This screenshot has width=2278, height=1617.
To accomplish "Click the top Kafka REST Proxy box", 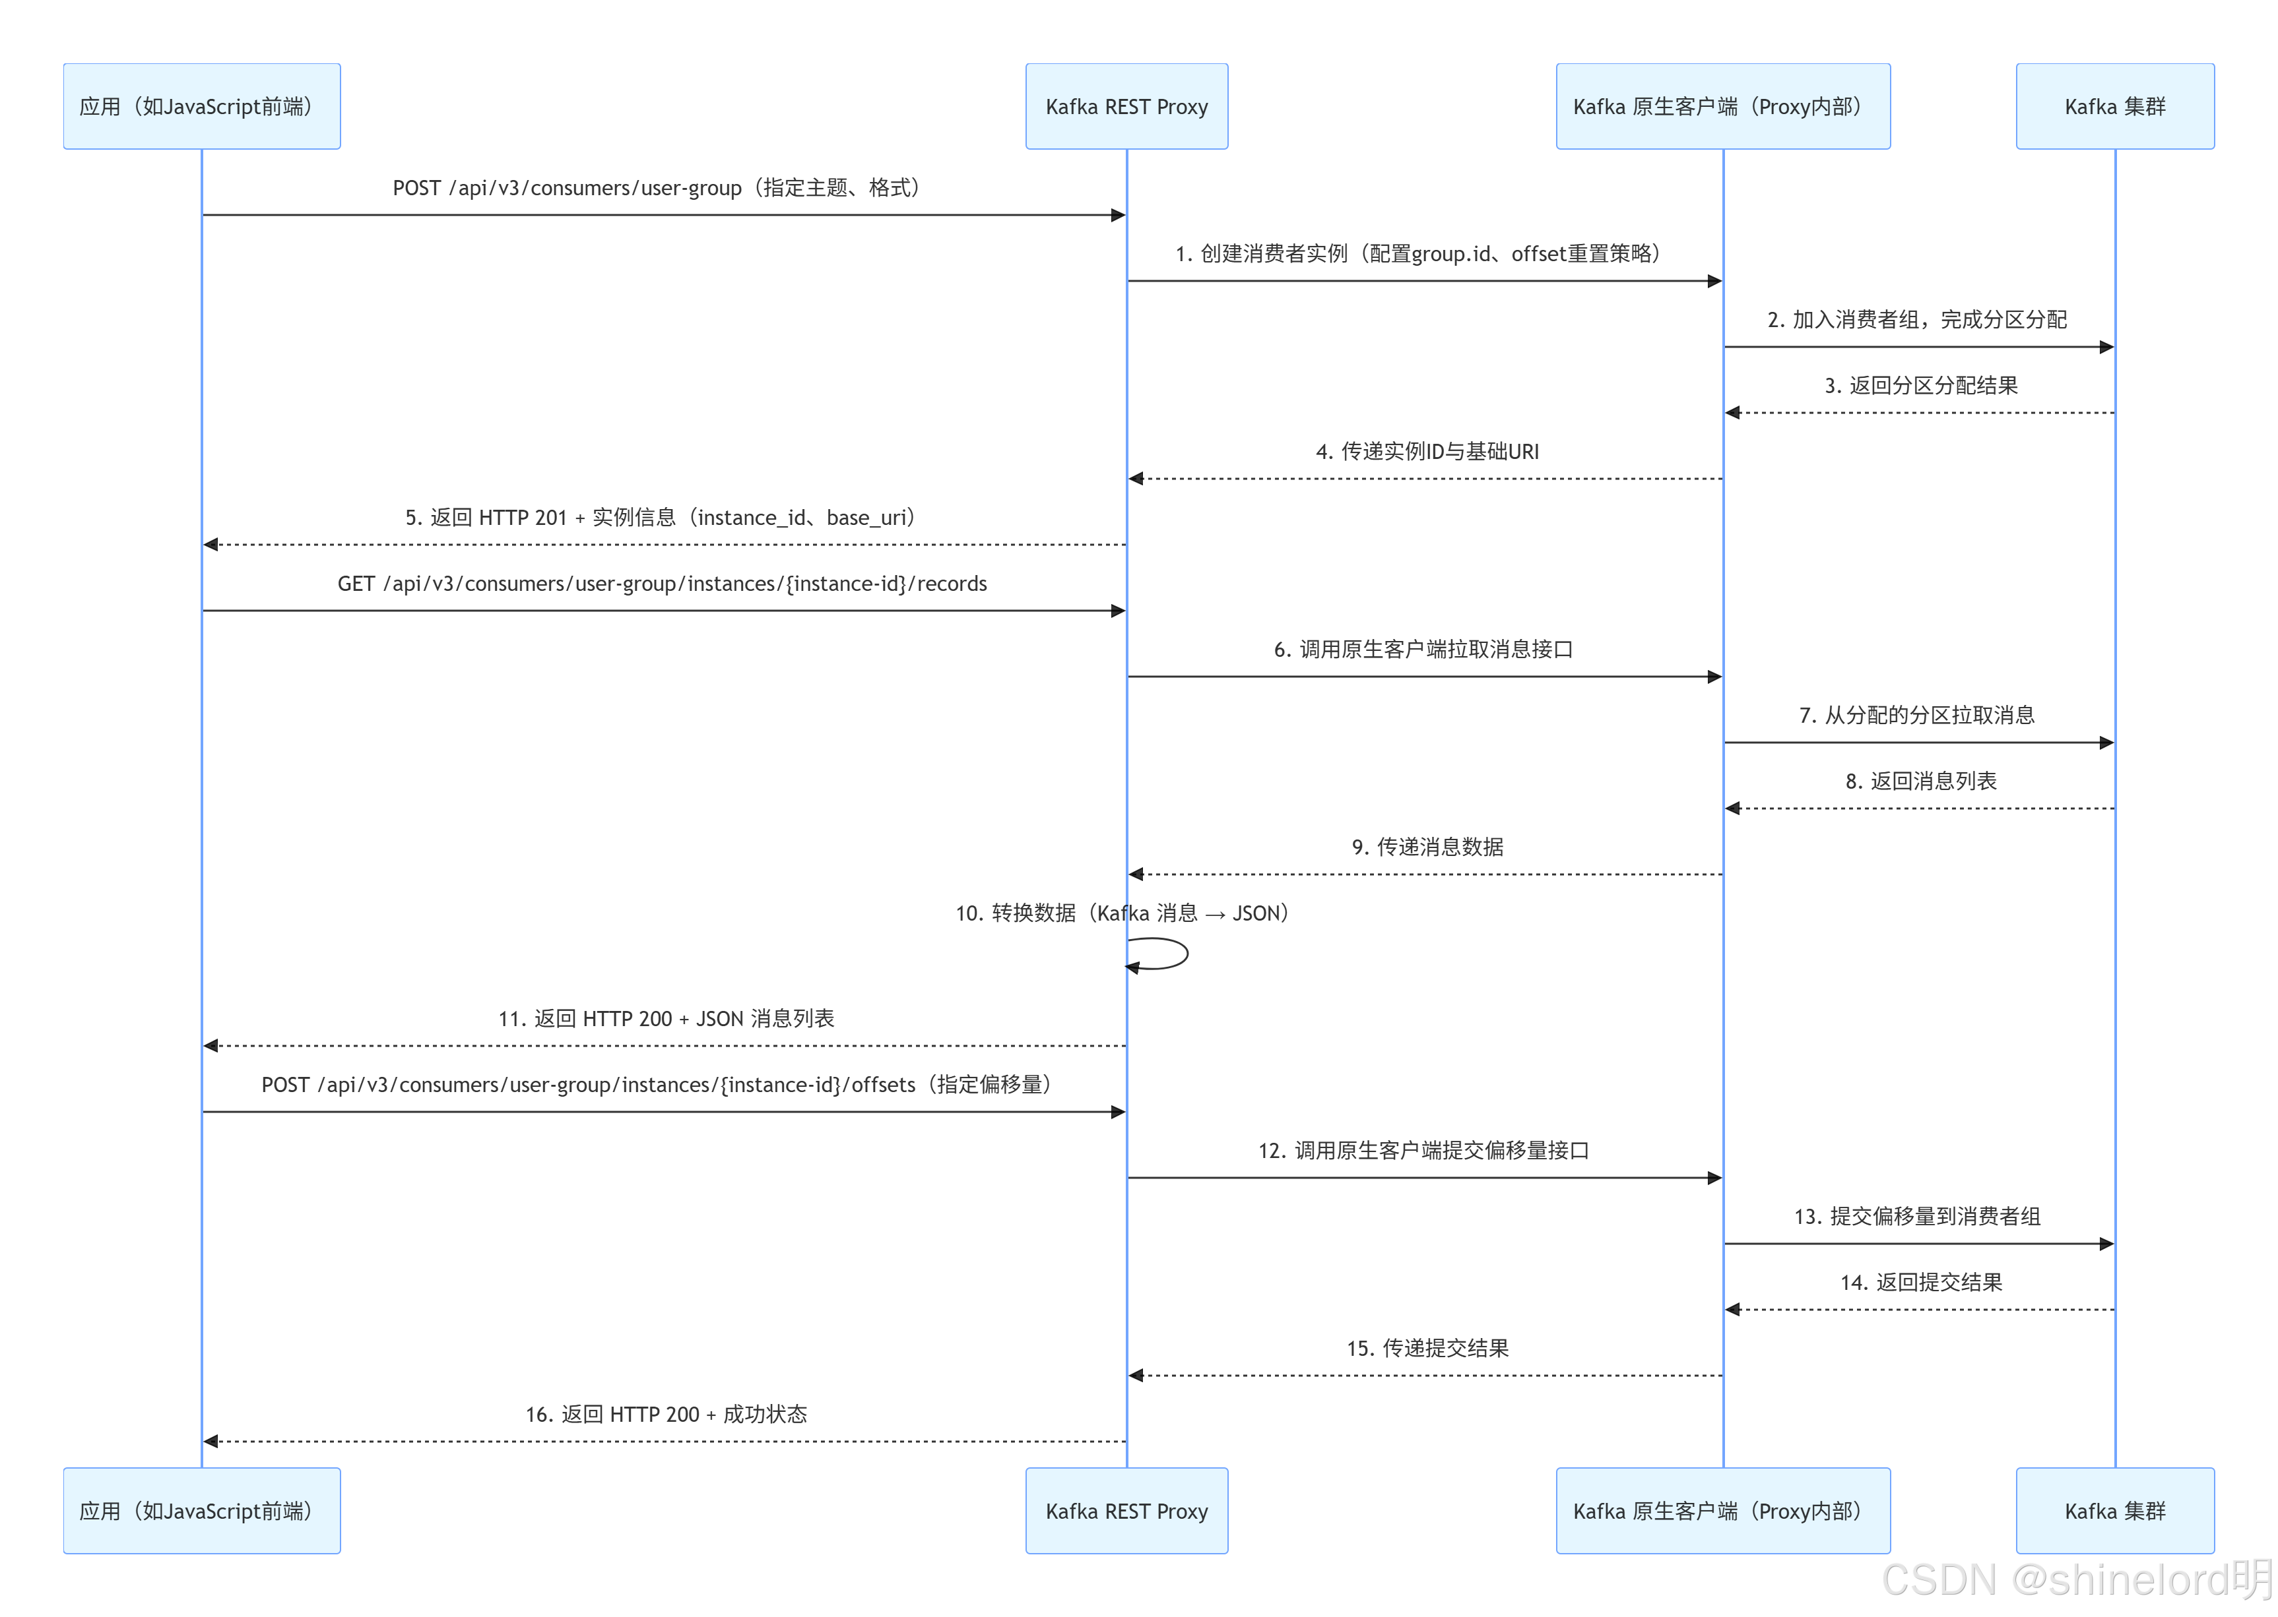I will [x=1126, y=107].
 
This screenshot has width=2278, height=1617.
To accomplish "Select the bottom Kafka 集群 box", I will [x=2114, y=1510].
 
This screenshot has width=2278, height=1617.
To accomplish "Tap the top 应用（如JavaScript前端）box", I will [x=201, y=107].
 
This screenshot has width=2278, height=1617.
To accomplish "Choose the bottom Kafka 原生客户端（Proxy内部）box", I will [x=1722, y=1510].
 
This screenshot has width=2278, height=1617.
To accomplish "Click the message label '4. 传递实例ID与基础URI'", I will [x=1426, y=452].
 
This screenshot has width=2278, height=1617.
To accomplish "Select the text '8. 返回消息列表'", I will [x=1920, y=781].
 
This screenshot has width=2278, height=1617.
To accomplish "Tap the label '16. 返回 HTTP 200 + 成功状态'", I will [x=665, y=1414].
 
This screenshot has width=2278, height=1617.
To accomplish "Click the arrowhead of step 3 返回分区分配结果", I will [x=1733, y=412].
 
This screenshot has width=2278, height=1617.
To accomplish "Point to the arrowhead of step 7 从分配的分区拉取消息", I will [x=2106, y=743].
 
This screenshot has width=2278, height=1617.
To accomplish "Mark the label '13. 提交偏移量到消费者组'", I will [x=1916, y=1217].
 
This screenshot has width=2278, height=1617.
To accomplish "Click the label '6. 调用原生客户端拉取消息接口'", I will [x=1422, y=649].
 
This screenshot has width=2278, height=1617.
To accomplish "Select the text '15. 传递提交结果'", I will [x=1426, y=1348].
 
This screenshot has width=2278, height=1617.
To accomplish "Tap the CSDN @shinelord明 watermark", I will [x=2076, y=1579].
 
